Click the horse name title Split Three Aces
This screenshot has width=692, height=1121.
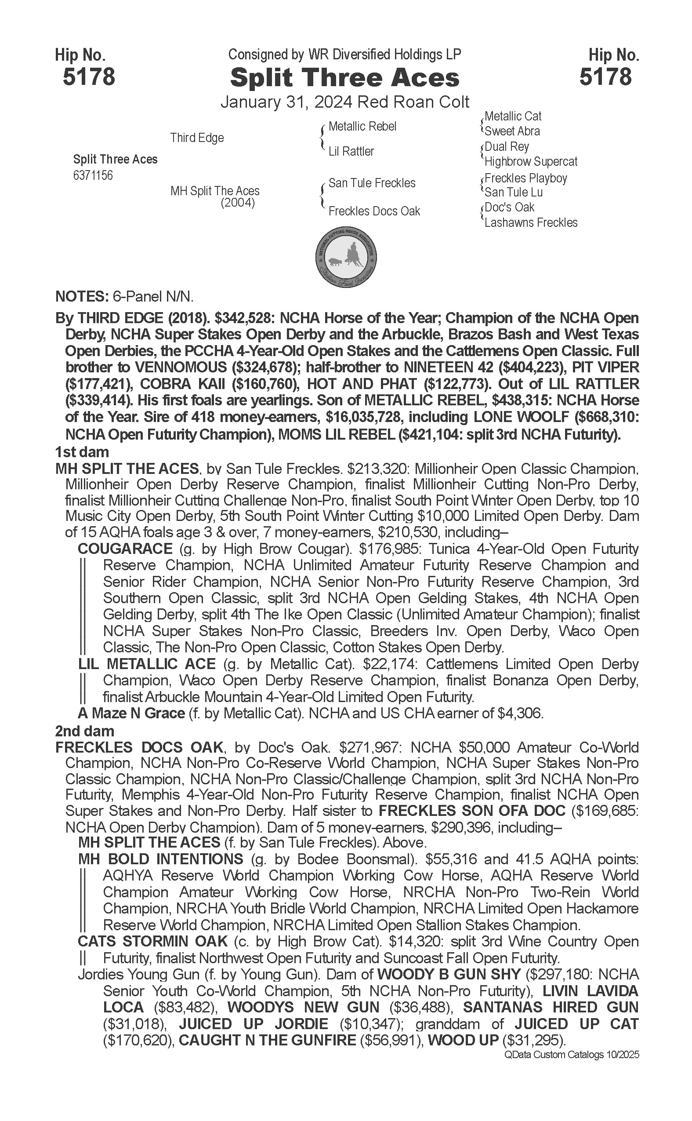point(344,78)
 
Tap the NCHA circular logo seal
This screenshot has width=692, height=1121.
point(346,257)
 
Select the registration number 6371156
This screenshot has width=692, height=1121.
point(92,175)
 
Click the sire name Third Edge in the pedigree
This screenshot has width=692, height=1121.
point(197,138)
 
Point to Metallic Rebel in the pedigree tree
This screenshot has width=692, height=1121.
point(362,127)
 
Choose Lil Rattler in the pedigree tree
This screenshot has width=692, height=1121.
point(351,151)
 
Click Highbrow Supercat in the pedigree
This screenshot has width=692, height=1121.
point(531,162)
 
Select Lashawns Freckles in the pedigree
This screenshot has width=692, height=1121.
point(531,222)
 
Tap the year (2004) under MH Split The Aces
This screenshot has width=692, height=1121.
point(238,202)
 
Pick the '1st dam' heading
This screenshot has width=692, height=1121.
point(82,452)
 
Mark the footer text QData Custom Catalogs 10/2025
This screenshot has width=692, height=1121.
point(572,1055)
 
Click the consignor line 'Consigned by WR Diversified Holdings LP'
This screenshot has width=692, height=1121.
point(344,55)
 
